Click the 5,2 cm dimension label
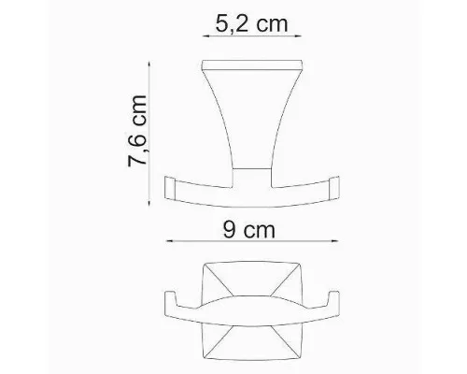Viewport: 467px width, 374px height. click(x=251, y=23)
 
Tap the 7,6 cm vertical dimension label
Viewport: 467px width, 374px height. click(x=137, y=131)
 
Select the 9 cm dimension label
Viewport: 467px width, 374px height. click(x=249, y=230)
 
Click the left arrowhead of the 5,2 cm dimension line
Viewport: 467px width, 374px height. click(x=206, y=36)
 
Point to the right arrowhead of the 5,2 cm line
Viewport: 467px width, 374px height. click(x=298, y=36)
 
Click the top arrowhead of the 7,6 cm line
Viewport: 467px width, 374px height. click(x=149, y=65)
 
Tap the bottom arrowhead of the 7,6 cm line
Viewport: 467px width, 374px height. click(x=149, y=202)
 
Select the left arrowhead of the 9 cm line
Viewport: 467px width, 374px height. click(x=170, y=241)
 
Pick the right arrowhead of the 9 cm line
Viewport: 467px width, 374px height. click(x=334, y=241)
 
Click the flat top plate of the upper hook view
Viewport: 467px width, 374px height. click(x=252, y=65)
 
